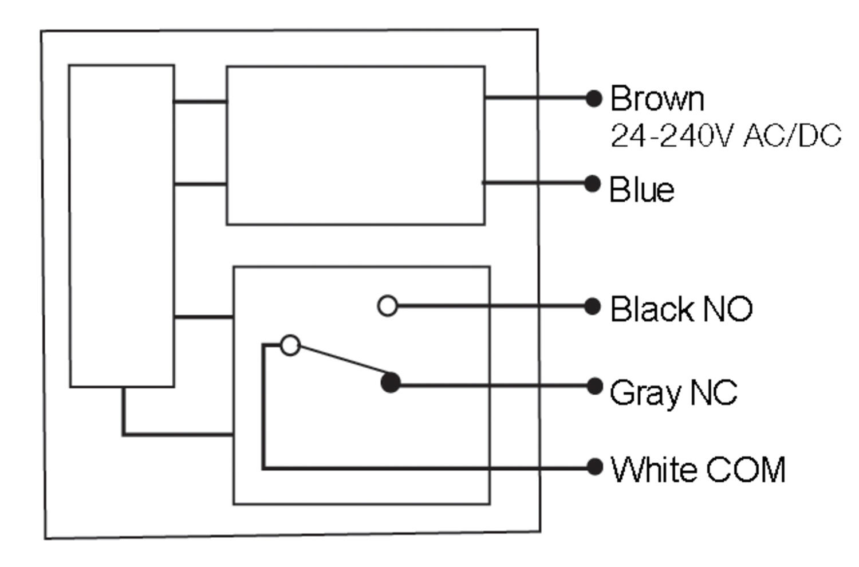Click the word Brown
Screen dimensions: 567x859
click(x=657, y=99)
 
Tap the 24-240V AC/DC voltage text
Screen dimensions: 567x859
click(x=726, y=136)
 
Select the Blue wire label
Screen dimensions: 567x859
click(x=641, y=190)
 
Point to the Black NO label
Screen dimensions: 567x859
click(x=681, y=309)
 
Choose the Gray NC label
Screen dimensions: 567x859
click(x=673, y=393)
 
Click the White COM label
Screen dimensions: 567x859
click(x=698, y=470)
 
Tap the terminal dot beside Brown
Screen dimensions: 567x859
click(x=594, y=99)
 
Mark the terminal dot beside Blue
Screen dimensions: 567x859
click(x=592, y=184)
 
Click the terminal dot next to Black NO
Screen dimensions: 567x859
click(x=592, y=306)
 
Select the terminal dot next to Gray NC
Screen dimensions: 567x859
click(x=594, y=386)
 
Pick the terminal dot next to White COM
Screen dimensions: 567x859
click(x=594, y=467)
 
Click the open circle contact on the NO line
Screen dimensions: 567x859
click(x=388, y=306)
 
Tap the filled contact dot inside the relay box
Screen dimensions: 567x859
click(x=391, y=383)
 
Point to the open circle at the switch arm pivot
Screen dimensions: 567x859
click(x=290, y=345)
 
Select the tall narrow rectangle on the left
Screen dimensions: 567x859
click(x=121, y=226)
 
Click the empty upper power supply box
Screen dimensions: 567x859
click(x=356, y=145)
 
